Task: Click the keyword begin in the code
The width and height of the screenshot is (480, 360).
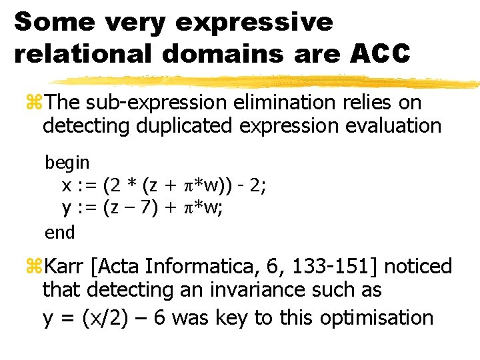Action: click(67, 162)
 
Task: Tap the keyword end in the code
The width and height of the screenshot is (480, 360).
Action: click(60, 232)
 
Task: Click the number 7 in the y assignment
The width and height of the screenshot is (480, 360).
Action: click(148, 209)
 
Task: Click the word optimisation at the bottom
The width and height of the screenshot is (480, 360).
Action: click(377, 318)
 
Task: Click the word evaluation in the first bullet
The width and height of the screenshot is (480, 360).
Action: click(383, 126)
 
